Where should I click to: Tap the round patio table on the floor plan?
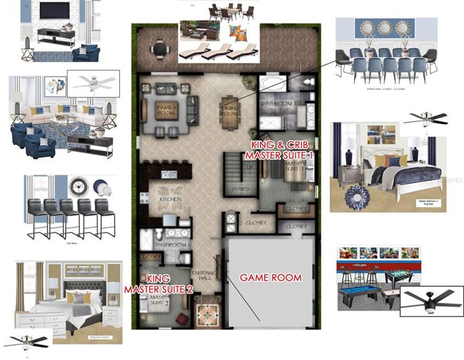(159, 49)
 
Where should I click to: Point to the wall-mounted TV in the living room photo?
(52, 12)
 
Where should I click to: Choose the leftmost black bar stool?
(36, 215)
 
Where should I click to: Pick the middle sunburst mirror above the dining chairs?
(386, 28)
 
